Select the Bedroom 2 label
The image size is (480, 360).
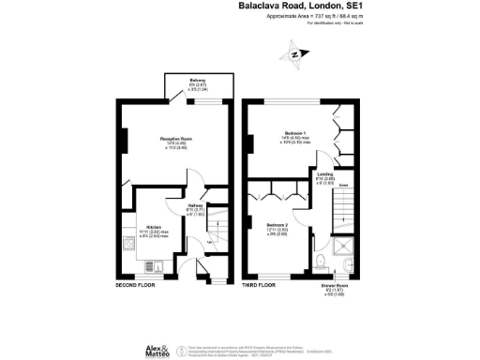tap(277, 226)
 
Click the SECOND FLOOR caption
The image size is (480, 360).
tap(136, 284)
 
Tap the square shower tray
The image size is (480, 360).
tap(350, 260)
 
